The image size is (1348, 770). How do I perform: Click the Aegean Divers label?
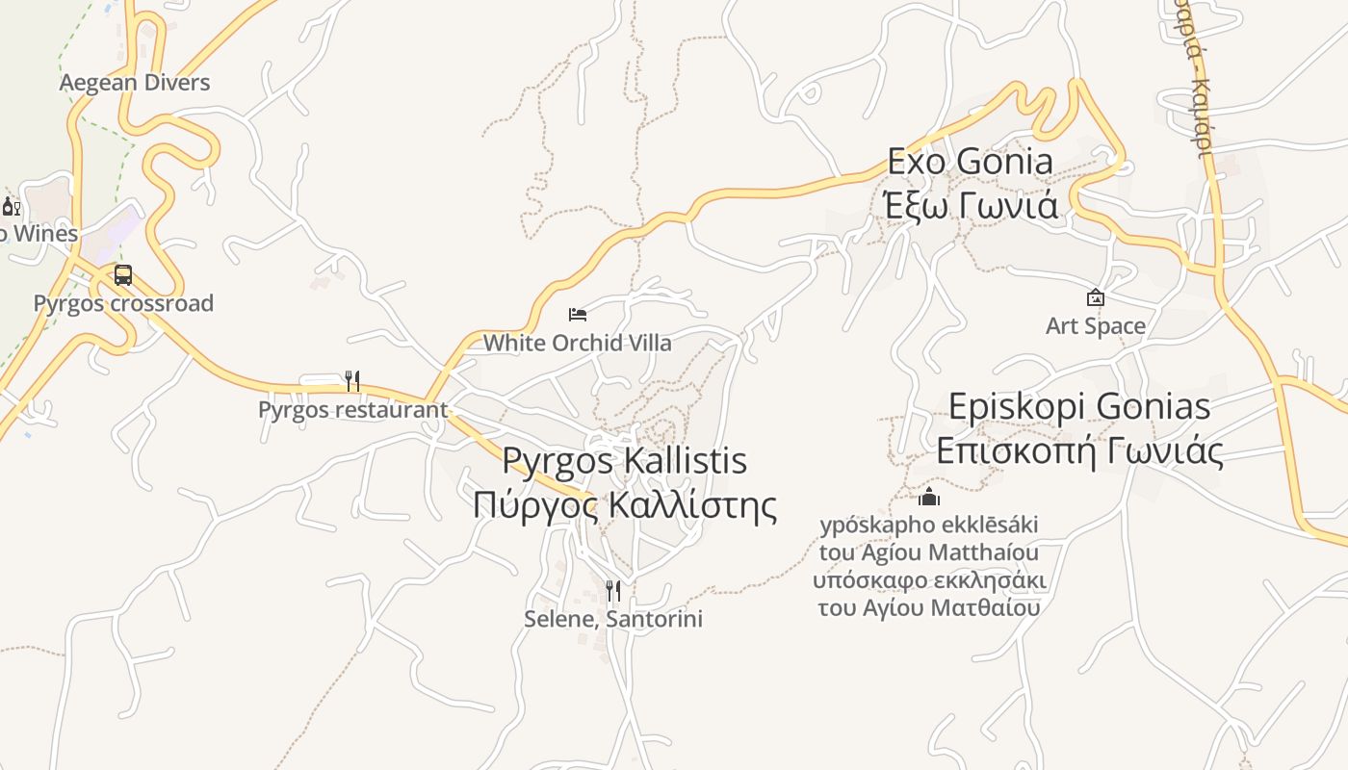(x=134, y=83)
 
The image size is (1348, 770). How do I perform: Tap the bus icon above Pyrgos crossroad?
(x=123, y=275)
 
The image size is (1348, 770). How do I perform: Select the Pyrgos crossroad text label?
(x=123, y=303)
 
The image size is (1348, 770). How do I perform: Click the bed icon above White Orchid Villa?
(x=578, y=314)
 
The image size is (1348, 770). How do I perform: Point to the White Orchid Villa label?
(x=577, y=343)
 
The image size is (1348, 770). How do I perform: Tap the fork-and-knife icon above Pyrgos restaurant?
(x=352, y=381)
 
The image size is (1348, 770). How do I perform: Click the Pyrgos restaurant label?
(x=352, y=409)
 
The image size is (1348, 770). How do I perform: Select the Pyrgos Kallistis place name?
(x=624, y=461)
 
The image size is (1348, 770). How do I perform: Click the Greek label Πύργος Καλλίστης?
(x=624, y=503)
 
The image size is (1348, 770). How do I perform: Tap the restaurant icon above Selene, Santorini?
(x=613, y=590)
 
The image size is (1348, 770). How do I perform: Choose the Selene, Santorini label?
(x=613, y=619)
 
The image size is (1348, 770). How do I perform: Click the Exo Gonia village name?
(x=970, y=162)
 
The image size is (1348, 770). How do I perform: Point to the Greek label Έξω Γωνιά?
(x=970, y=205)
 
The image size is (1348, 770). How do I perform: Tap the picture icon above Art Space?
(x=1096, y=297)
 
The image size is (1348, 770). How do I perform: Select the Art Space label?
(x=1096, y=326)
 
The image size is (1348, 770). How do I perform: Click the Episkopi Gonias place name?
(x=1079, y=406)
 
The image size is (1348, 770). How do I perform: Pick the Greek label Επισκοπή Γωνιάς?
(x=1079, y=449)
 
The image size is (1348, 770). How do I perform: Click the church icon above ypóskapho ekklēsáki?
(x=929, y=497)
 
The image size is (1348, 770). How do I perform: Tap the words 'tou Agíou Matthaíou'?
(x=929, y=552)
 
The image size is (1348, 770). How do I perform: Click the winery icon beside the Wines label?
(x=11, y=206)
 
